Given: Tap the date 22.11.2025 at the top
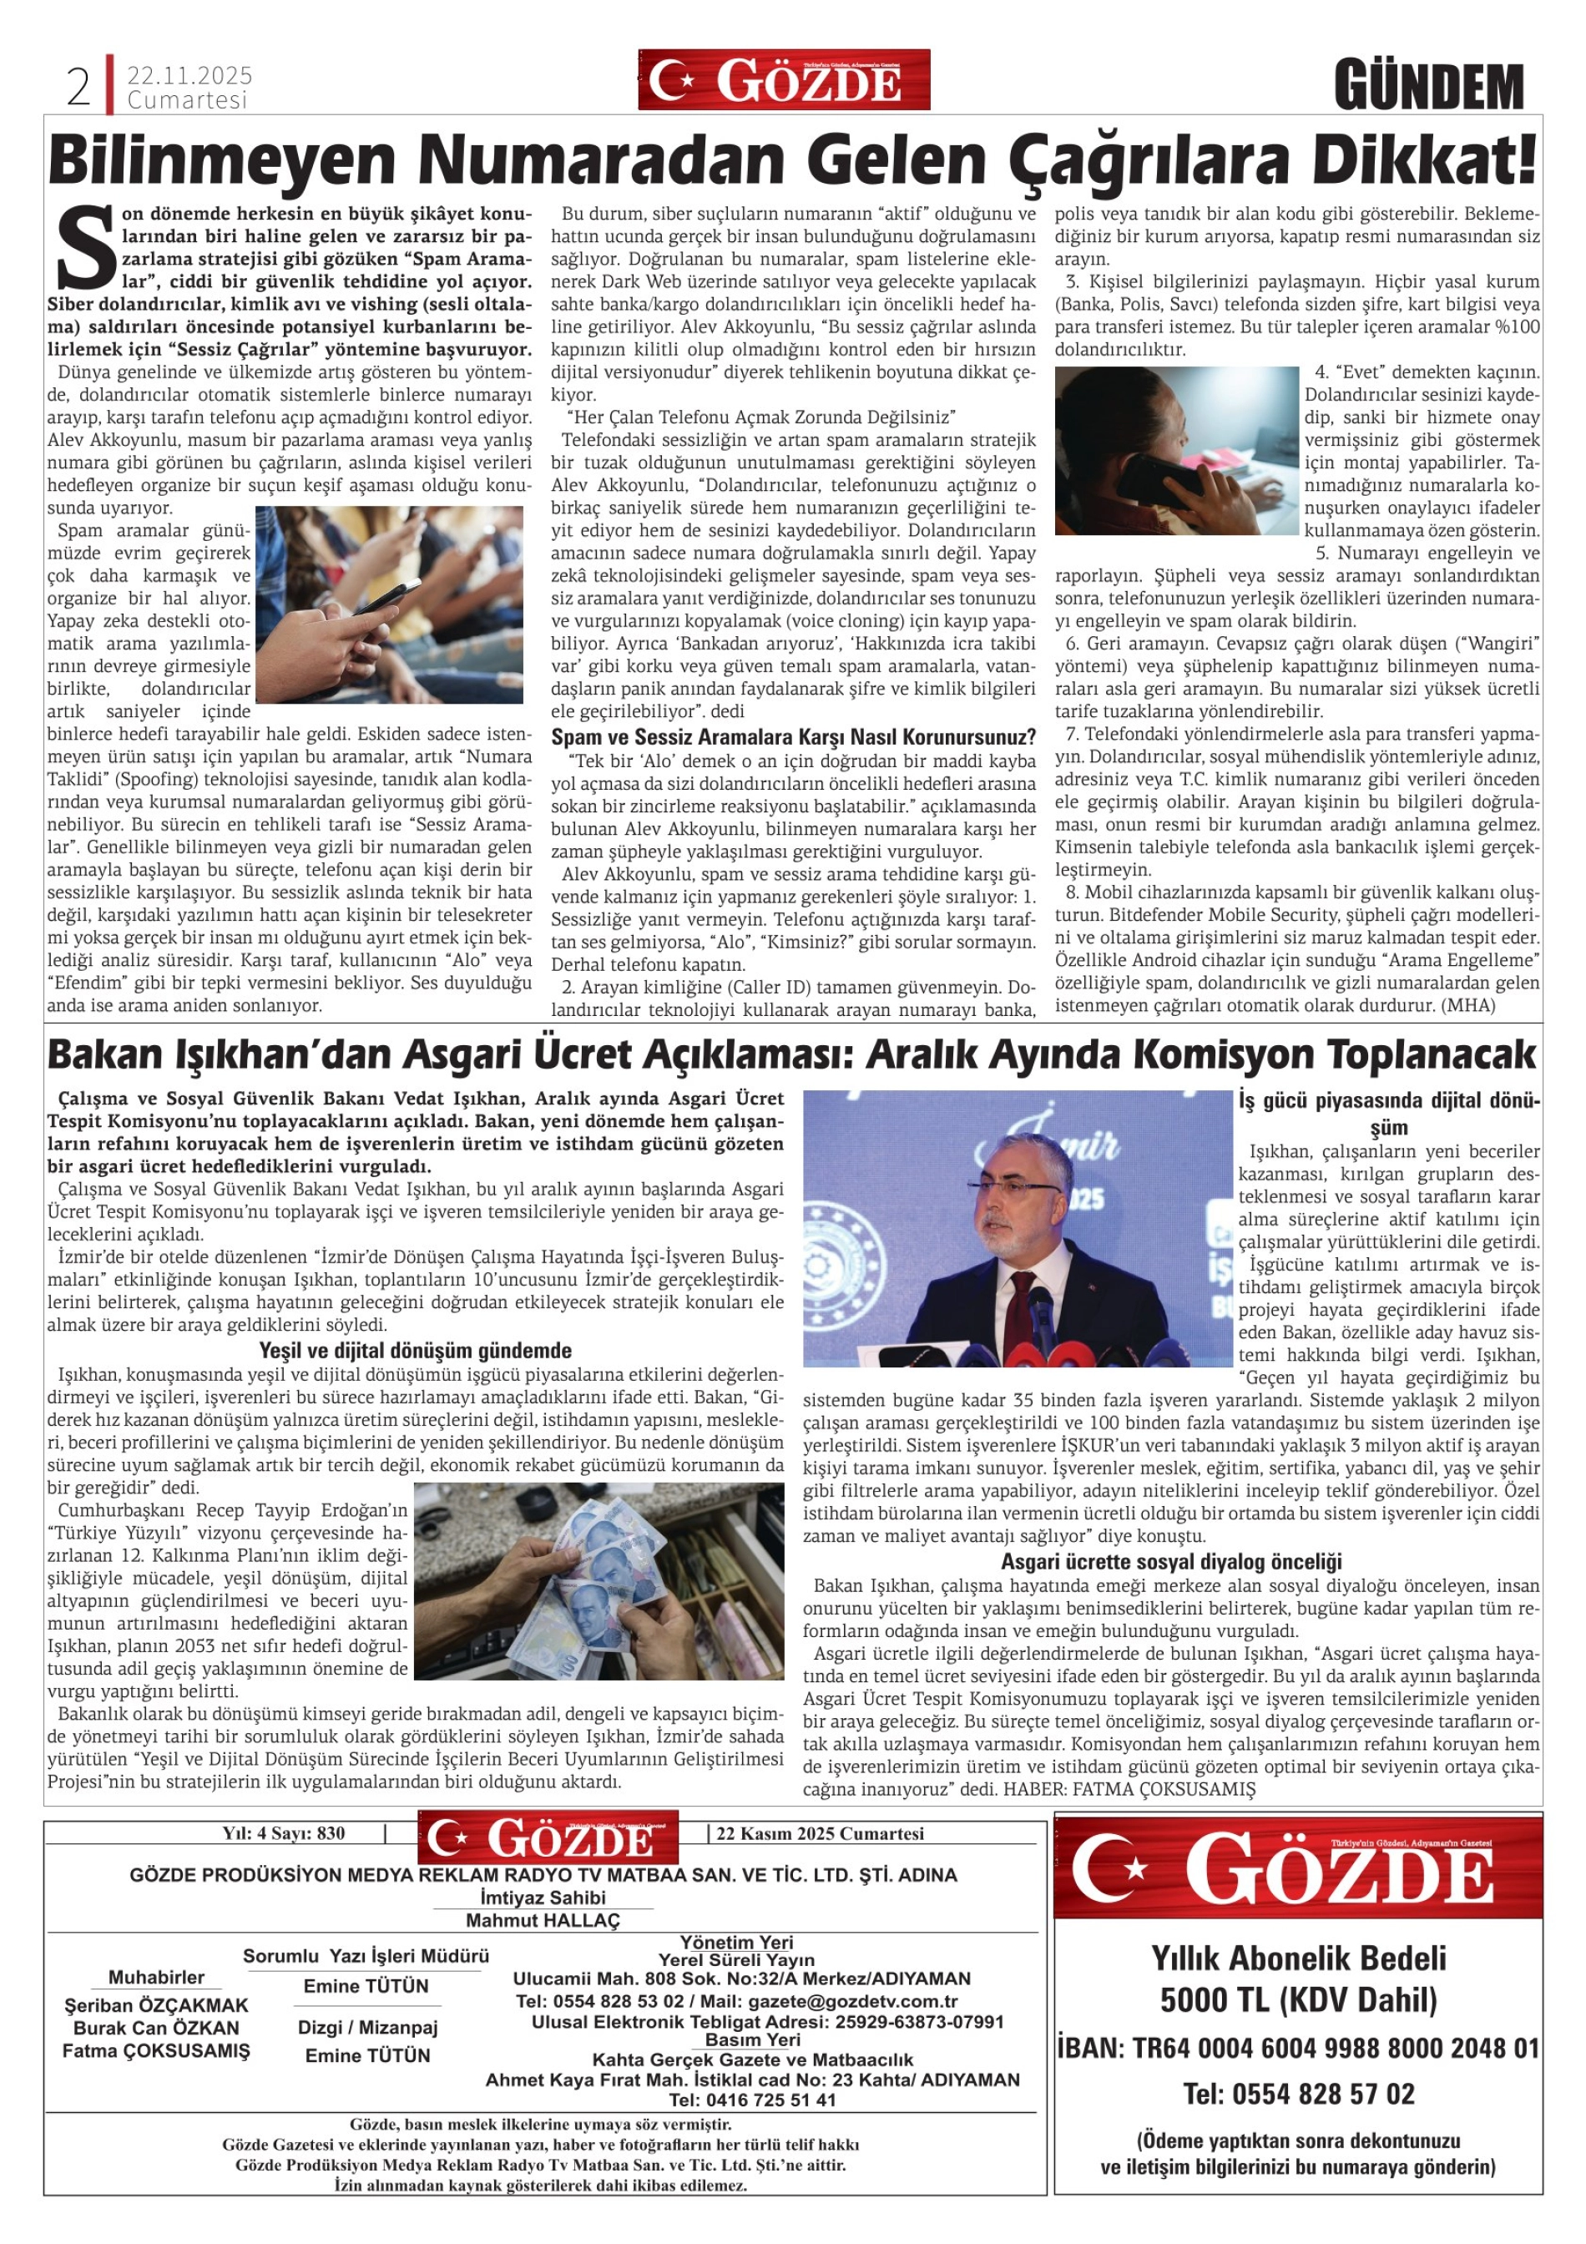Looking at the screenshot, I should pos(189,75).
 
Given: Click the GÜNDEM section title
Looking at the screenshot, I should pos(1429,87).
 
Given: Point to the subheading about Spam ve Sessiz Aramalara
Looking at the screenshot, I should pos(792,737).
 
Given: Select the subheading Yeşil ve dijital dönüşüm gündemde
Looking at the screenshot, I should pos(416,1351).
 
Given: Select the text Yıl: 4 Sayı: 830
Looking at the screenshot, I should pos(283,1833).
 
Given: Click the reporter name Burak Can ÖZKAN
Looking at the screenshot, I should pos(156,2028).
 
